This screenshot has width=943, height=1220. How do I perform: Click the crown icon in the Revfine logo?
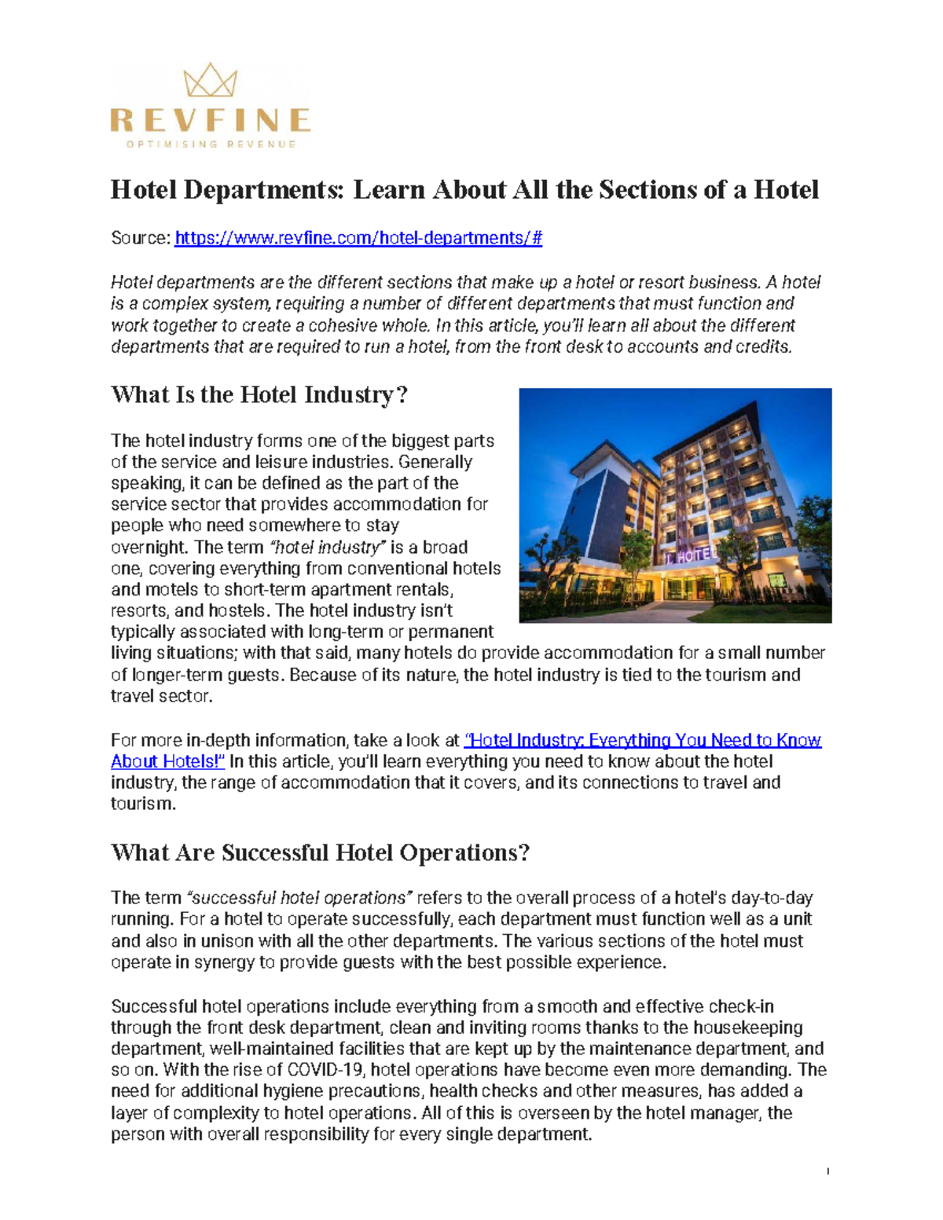(210, 81)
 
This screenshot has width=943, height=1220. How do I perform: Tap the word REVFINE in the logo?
(210, 120)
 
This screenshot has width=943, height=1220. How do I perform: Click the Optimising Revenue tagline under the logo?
(211, 145)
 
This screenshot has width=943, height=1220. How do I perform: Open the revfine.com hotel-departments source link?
(358, 238)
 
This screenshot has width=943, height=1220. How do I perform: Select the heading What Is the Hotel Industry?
(259, 394)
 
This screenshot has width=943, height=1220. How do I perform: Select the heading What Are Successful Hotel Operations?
(320, 853)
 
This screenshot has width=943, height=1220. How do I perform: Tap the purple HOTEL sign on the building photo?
(692, 555)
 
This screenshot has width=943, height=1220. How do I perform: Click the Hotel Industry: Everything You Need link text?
(643, 740)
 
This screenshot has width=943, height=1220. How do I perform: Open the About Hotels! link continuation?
(167, 761)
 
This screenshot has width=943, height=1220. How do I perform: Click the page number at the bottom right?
(827, 1171)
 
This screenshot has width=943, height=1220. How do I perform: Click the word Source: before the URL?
(141, 238)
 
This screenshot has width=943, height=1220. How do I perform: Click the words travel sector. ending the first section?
(161, 696)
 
